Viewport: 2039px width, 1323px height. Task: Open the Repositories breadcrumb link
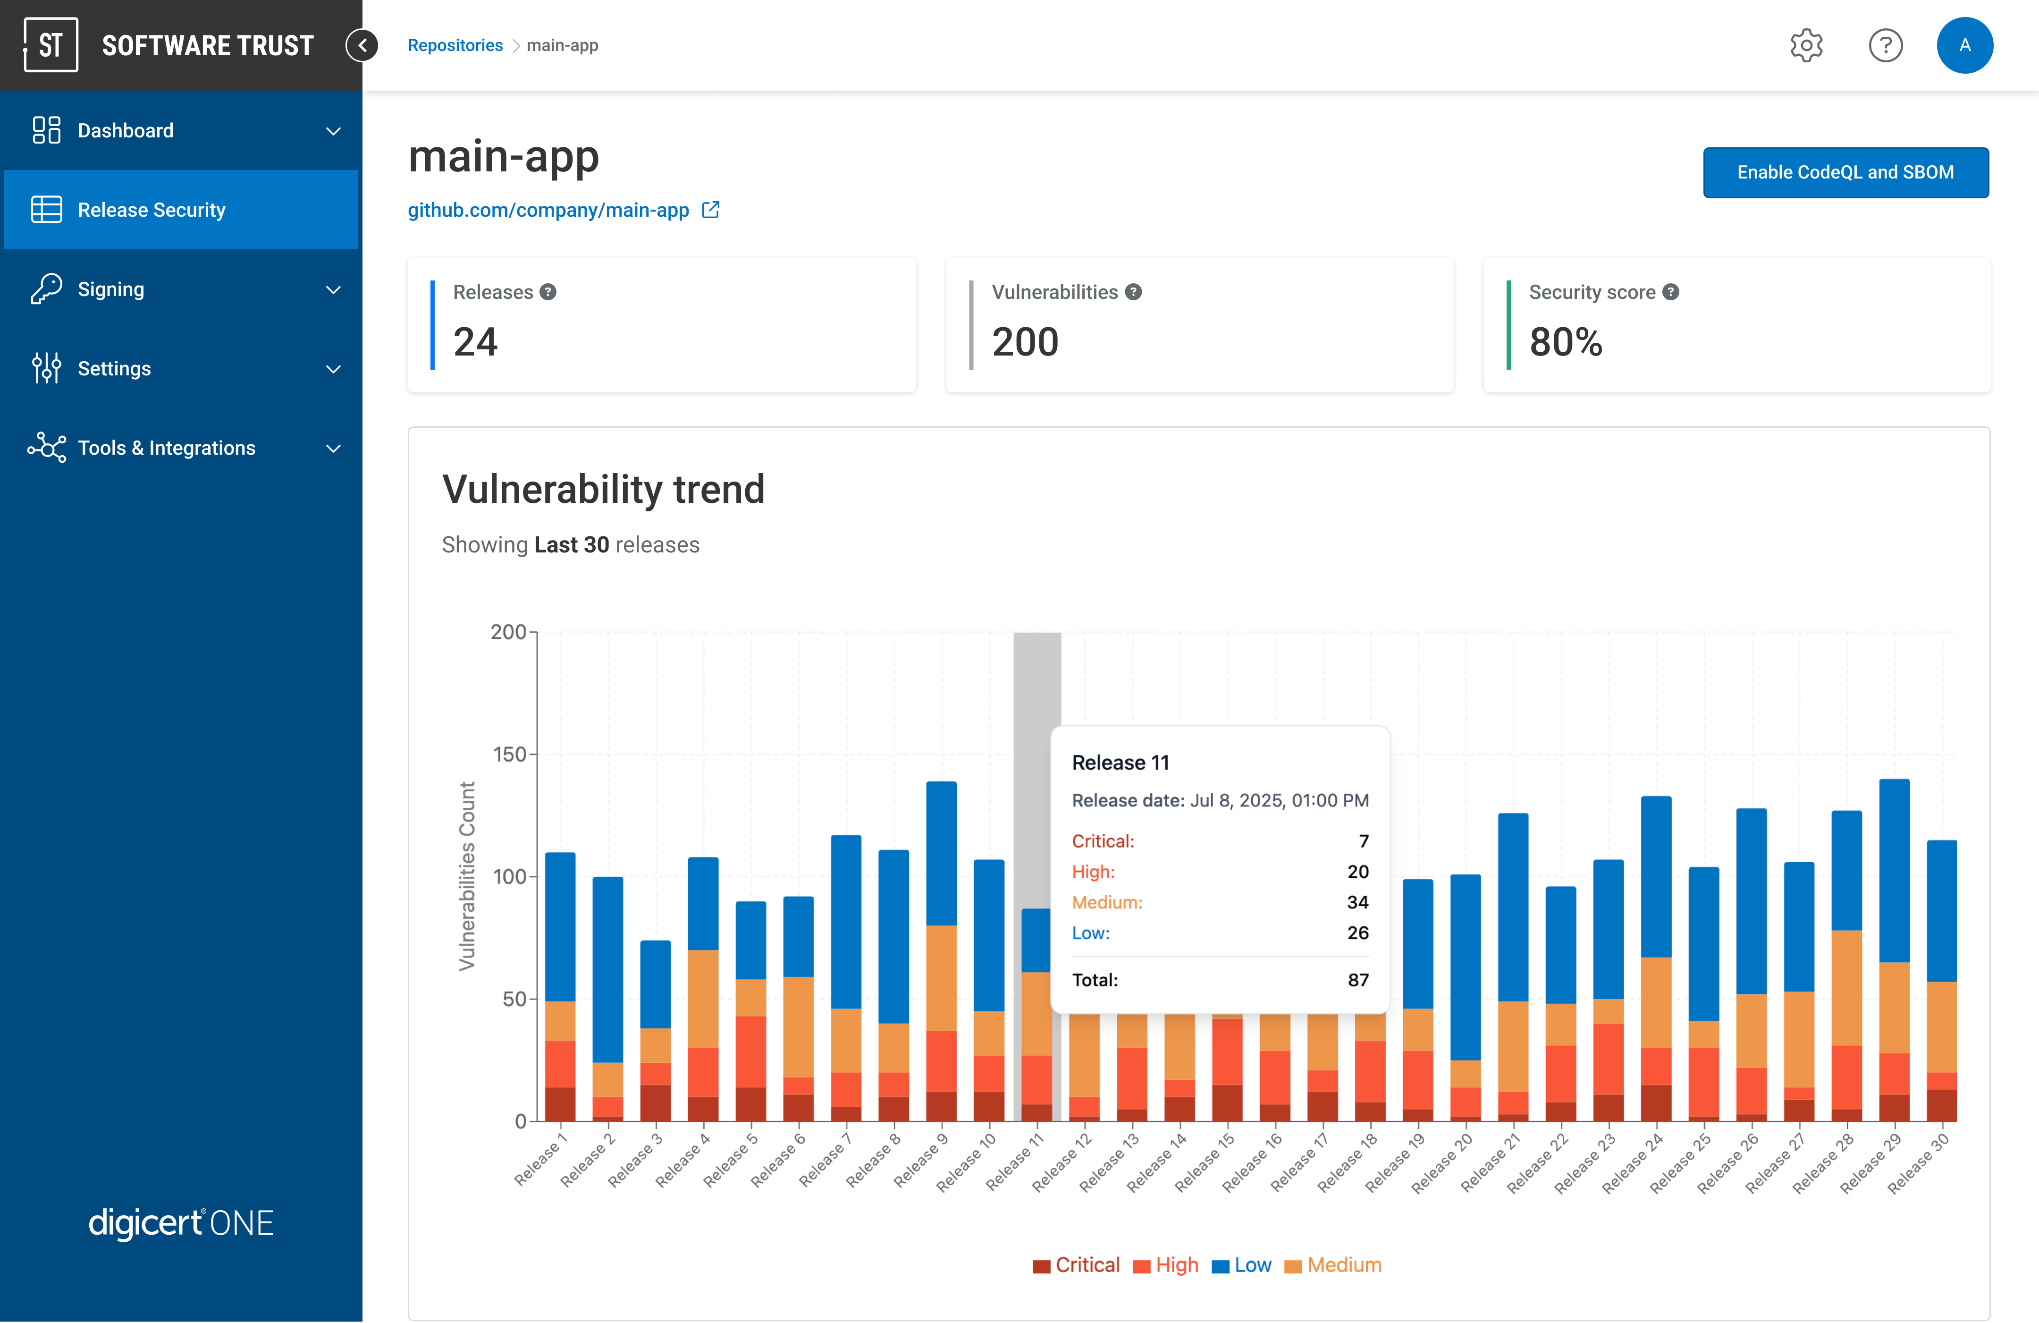[455, 45]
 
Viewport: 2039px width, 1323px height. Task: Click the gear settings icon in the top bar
[1806, 45]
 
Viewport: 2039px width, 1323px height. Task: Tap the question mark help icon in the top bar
[1885, 45]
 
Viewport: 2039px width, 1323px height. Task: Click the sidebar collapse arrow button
[362, 45]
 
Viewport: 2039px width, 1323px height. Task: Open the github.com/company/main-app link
[548, 211]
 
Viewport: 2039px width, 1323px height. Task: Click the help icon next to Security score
[1670, 292]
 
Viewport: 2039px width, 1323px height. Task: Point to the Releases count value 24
[475, 342]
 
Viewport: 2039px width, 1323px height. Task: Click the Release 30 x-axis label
[1919, 1163]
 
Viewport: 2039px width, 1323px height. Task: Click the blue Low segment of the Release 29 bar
[1894, 870]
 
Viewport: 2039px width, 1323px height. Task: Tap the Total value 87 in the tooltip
[1358, 980]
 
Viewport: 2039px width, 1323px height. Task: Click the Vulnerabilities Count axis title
[467, 876]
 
